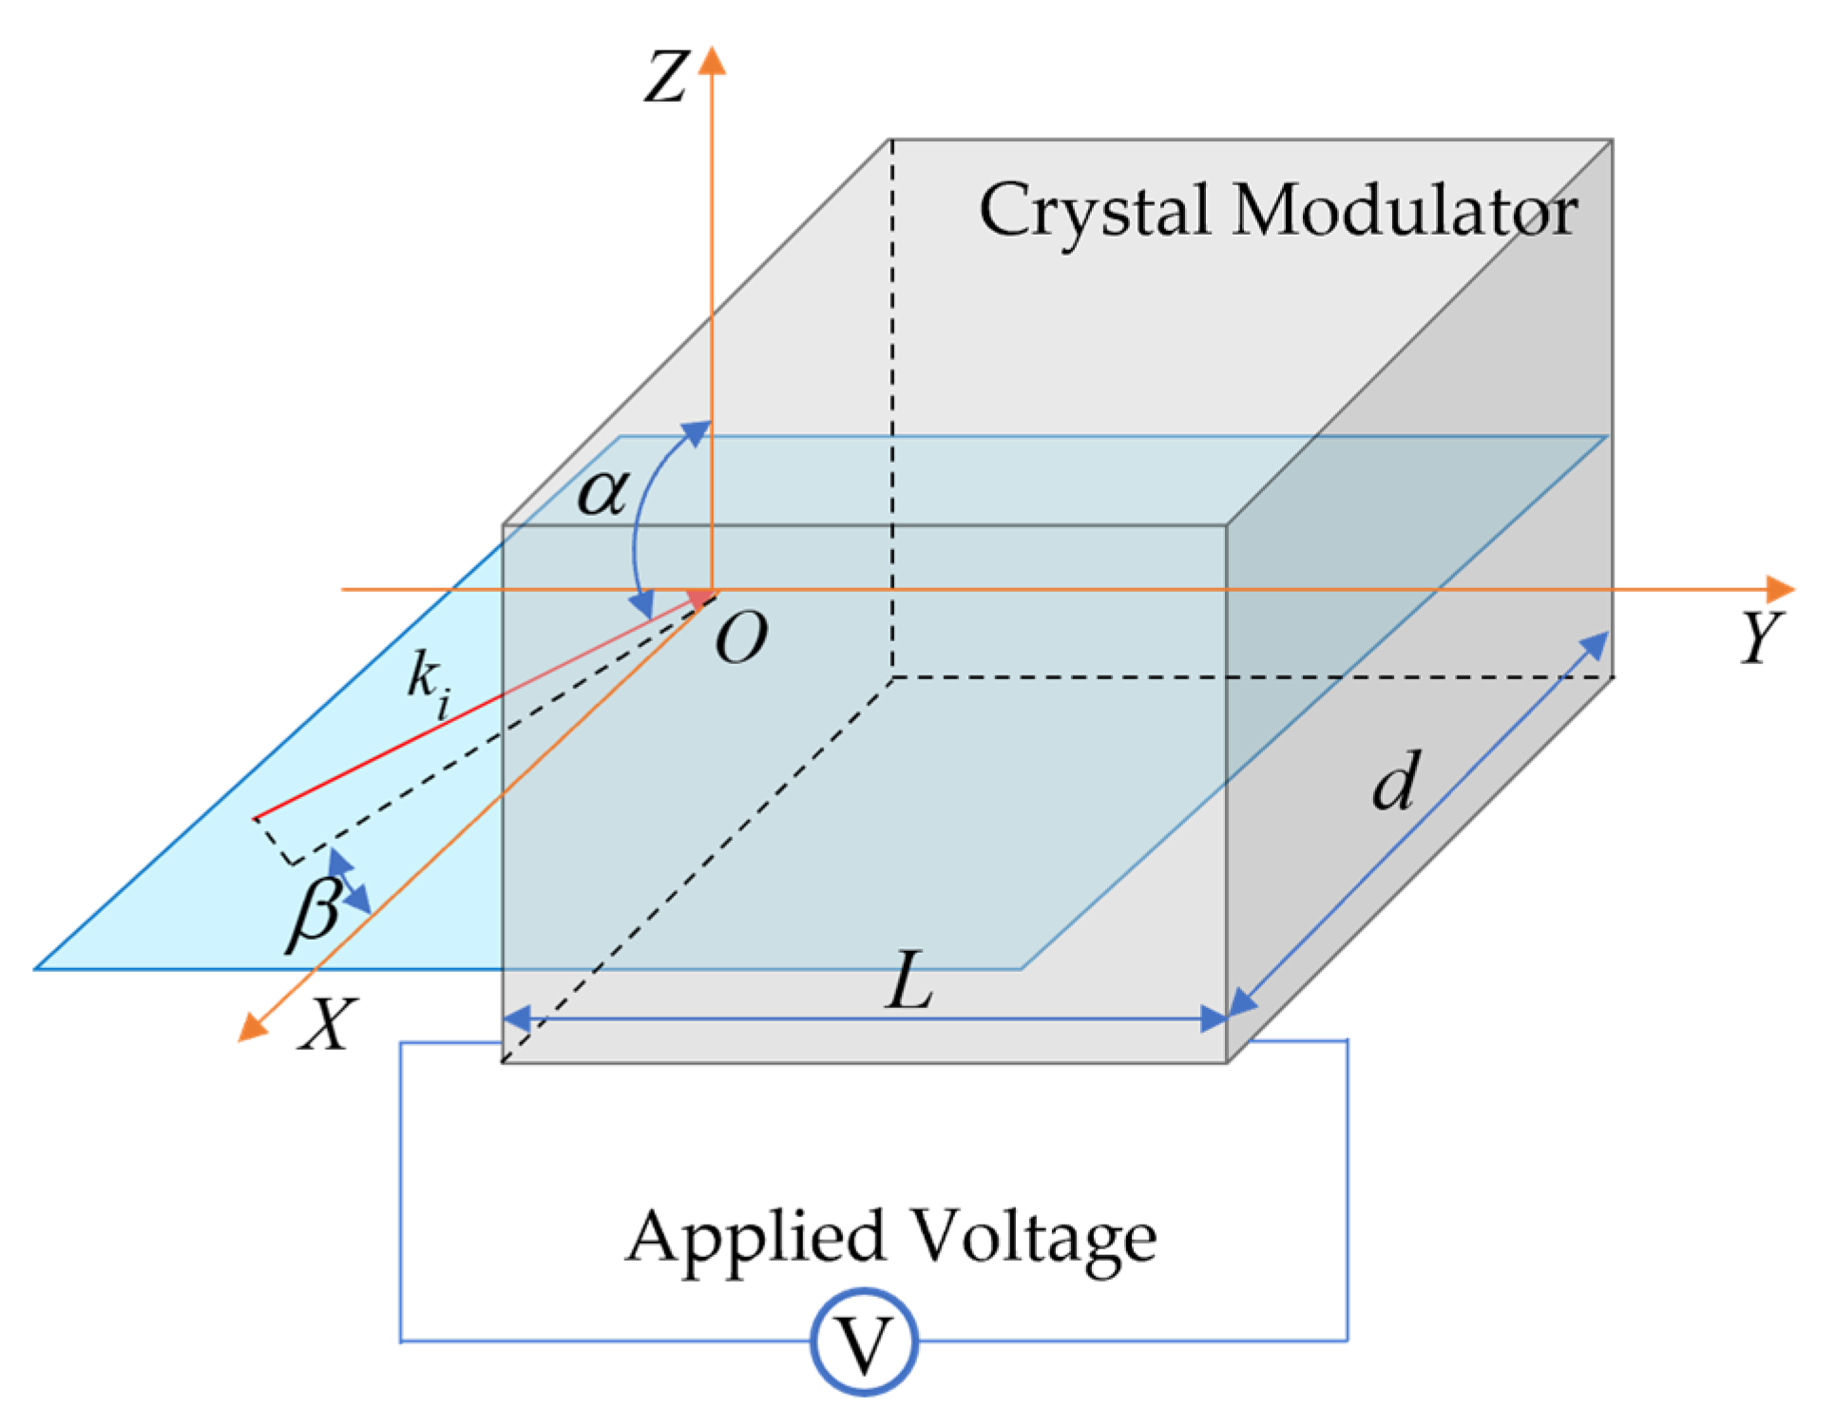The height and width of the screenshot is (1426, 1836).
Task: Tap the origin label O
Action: (x=740, y=637)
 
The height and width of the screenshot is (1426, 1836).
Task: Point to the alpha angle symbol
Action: (x=602, y=492)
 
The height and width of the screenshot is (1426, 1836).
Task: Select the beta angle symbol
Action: (x=316, y=912)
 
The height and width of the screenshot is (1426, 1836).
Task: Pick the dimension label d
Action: (x=1397, y=782)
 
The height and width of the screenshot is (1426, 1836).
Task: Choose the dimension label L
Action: (x=909, y=980)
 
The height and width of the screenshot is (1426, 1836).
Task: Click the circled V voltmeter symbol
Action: (x=864, y=1342)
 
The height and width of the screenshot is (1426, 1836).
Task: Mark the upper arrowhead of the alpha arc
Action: (x=697, y=433)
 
